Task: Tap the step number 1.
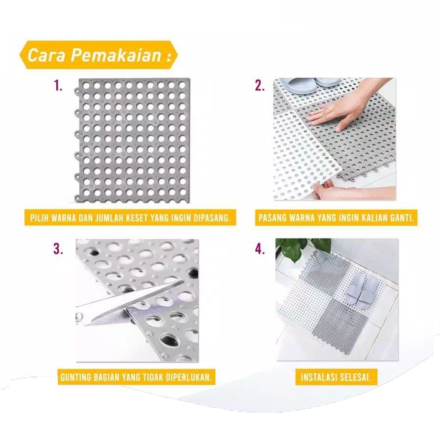[x=58, y=86]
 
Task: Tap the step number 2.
[x=260, y=86]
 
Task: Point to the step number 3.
[x=58, y=249]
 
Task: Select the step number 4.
[x=260, y=249]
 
